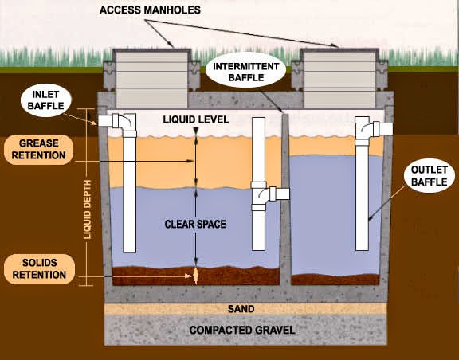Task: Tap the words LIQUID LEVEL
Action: [195, 119]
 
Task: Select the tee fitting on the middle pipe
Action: [260, 194]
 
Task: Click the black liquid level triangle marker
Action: [196, 130]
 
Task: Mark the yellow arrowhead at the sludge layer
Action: [196, 274]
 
